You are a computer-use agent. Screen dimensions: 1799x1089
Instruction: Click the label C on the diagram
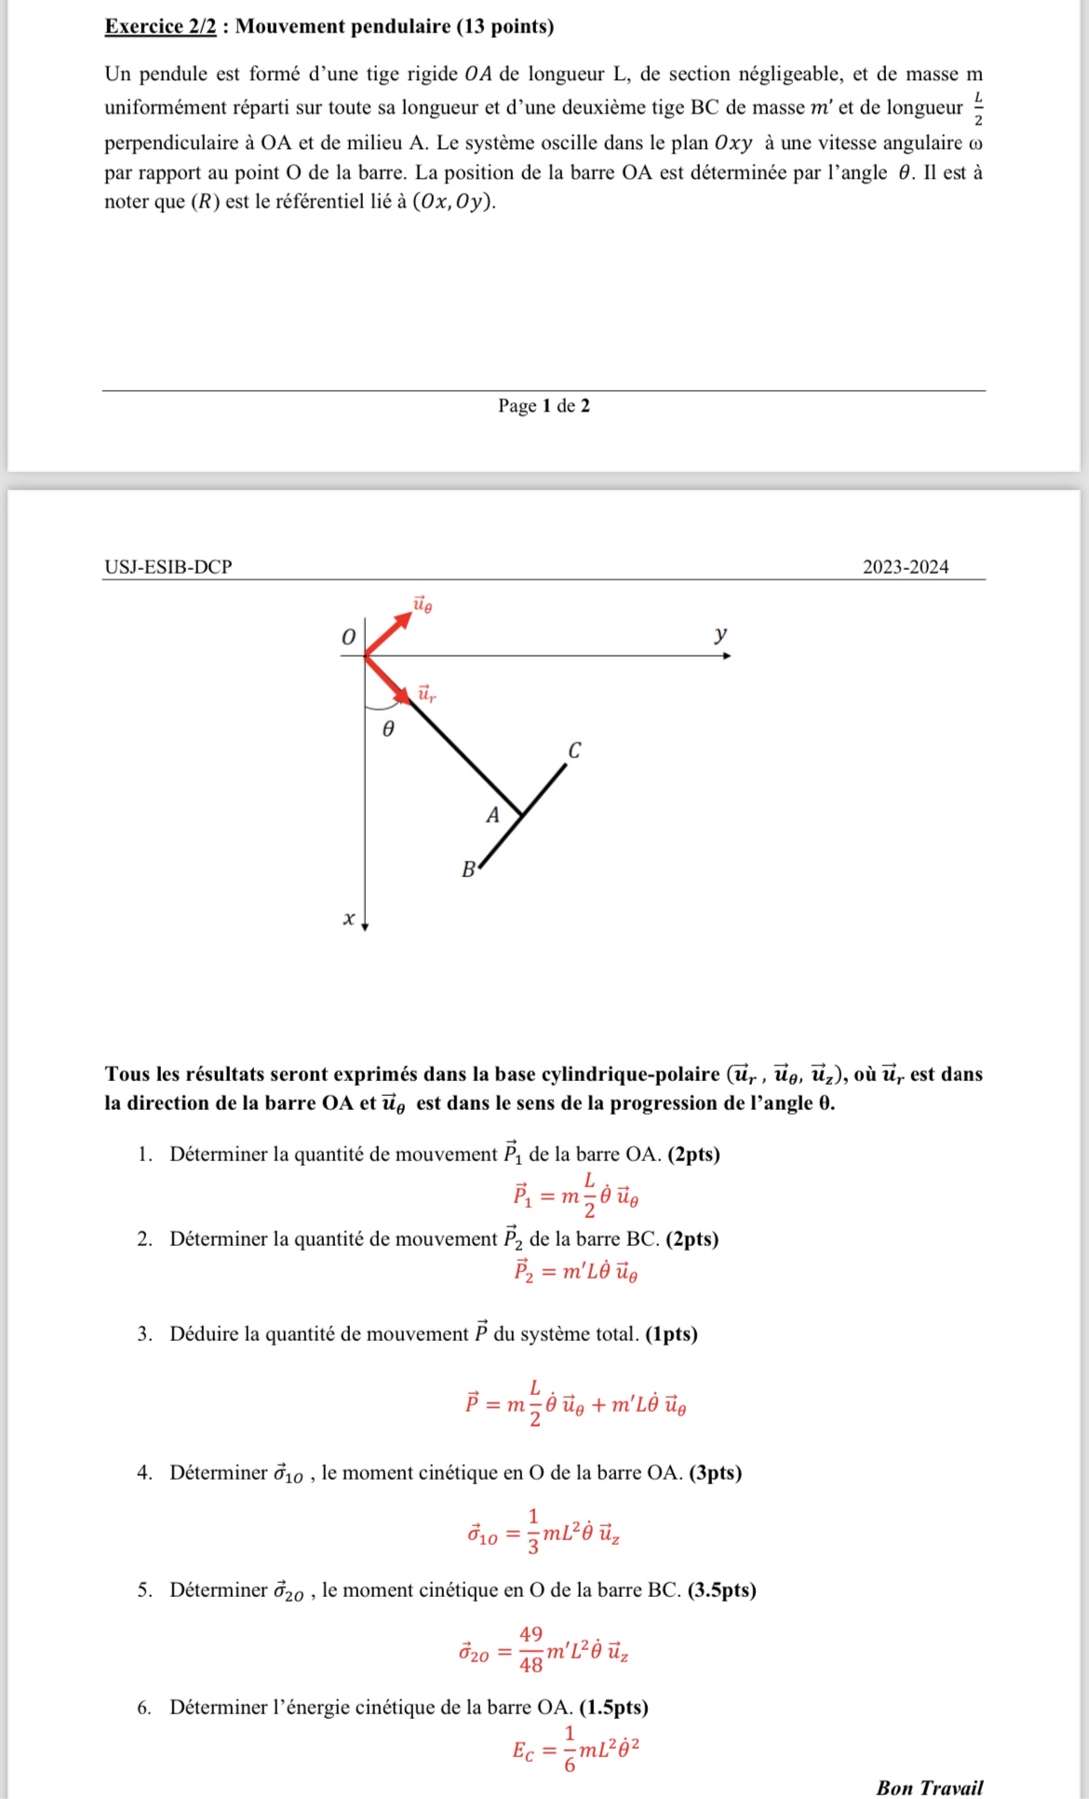pyautogui.click(x=574, y=751)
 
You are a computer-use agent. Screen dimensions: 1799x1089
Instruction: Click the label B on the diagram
pyautogui.click(x=468, y=871)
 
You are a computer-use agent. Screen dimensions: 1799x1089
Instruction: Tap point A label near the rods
pyautogui.click(x=493, y=816)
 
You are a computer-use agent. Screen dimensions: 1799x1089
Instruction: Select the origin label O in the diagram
pyautogui.click(x=348, y=638)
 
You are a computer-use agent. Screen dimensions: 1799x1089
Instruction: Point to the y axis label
pyautogui.click(x=720, y=635)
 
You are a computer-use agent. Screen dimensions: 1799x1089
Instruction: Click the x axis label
pyautogui.click(x=349, y=919)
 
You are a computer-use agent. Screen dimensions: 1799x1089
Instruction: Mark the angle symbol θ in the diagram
pyautogui.click(x=389, y=729)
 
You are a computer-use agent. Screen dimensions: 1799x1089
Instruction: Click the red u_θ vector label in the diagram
pyautogui.click(x=423, y=605)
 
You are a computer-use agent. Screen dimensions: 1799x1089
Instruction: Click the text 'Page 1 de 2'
pyautogui.click(x=544, y=406)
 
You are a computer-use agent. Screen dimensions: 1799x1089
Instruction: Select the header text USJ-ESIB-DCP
pyautogui.click(x=168, y=567)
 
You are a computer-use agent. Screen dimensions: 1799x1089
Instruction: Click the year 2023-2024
pyautogui.click(x=906, y=567)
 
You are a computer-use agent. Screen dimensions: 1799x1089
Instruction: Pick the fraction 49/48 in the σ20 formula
pyautogui.click(x=531, y=1649)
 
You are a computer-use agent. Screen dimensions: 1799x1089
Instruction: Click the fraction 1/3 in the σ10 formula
pyautogui.click(x=533, y=1532)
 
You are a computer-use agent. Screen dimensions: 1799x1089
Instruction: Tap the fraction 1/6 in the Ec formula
pyautogui.click(x=570, y=1749)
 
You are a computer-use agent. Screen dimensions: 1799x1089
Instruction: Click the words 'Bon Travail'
pyautogui.click(x=929, y=1787)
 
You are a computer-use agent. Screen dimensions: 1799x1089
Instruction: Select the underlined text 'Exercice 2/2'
pyautogui.click(x=160, y=26)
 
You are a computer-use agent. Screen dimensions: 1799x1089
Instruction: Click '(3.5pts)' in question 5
pyautogui.click(x=721, y=1589)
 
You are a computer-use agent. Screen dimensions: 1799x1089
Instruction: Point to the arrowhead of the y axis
pyautogui.click(x=727, y=656)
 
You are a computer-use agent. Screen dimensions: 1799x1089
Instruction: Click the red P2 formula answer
pyautogui.click(x=575, y=1271)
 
